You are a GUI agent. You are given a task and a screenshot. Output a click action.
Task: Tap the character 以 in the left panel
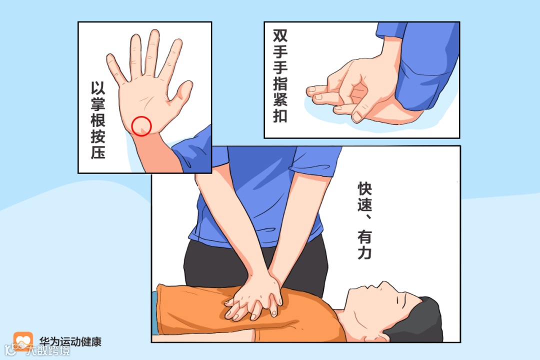pos(98,88)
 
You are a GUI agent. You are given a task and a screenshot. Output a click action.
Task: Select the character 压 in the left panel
pos(98,152)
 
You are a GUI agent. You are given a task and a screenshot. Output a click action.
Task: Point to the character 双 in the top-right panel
pos(280,36)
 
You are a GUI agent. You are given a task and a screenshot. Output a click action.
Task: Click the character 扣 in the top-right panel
pos(280,116)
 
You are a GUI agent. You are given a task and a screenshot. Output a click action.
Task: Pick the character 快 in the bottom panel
pos(364,188)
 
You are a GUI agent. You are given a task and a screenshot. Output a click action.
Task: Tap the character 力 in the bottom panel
pos(364,252)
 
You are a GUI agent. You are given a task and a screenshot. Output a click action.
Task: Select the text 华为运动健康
pos(70,341)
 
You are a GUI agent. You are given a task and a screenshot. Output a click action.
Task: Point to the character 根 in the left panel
pos(98,120)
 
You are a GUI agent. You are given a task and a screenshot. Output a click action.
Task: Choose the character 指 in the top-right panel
pos(280,83)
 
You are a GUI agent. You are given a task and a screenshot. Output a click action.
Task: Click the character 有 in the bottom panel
pos(364,236)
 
